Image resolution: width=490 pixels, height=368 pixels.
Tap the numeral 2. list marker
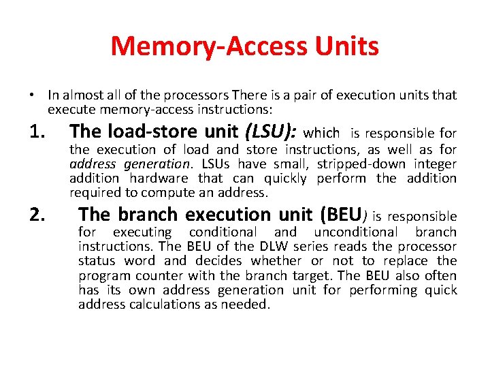(x=39, y=215)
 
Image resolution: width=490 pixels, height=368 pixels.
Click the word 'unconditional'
(x=356, y=232)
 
